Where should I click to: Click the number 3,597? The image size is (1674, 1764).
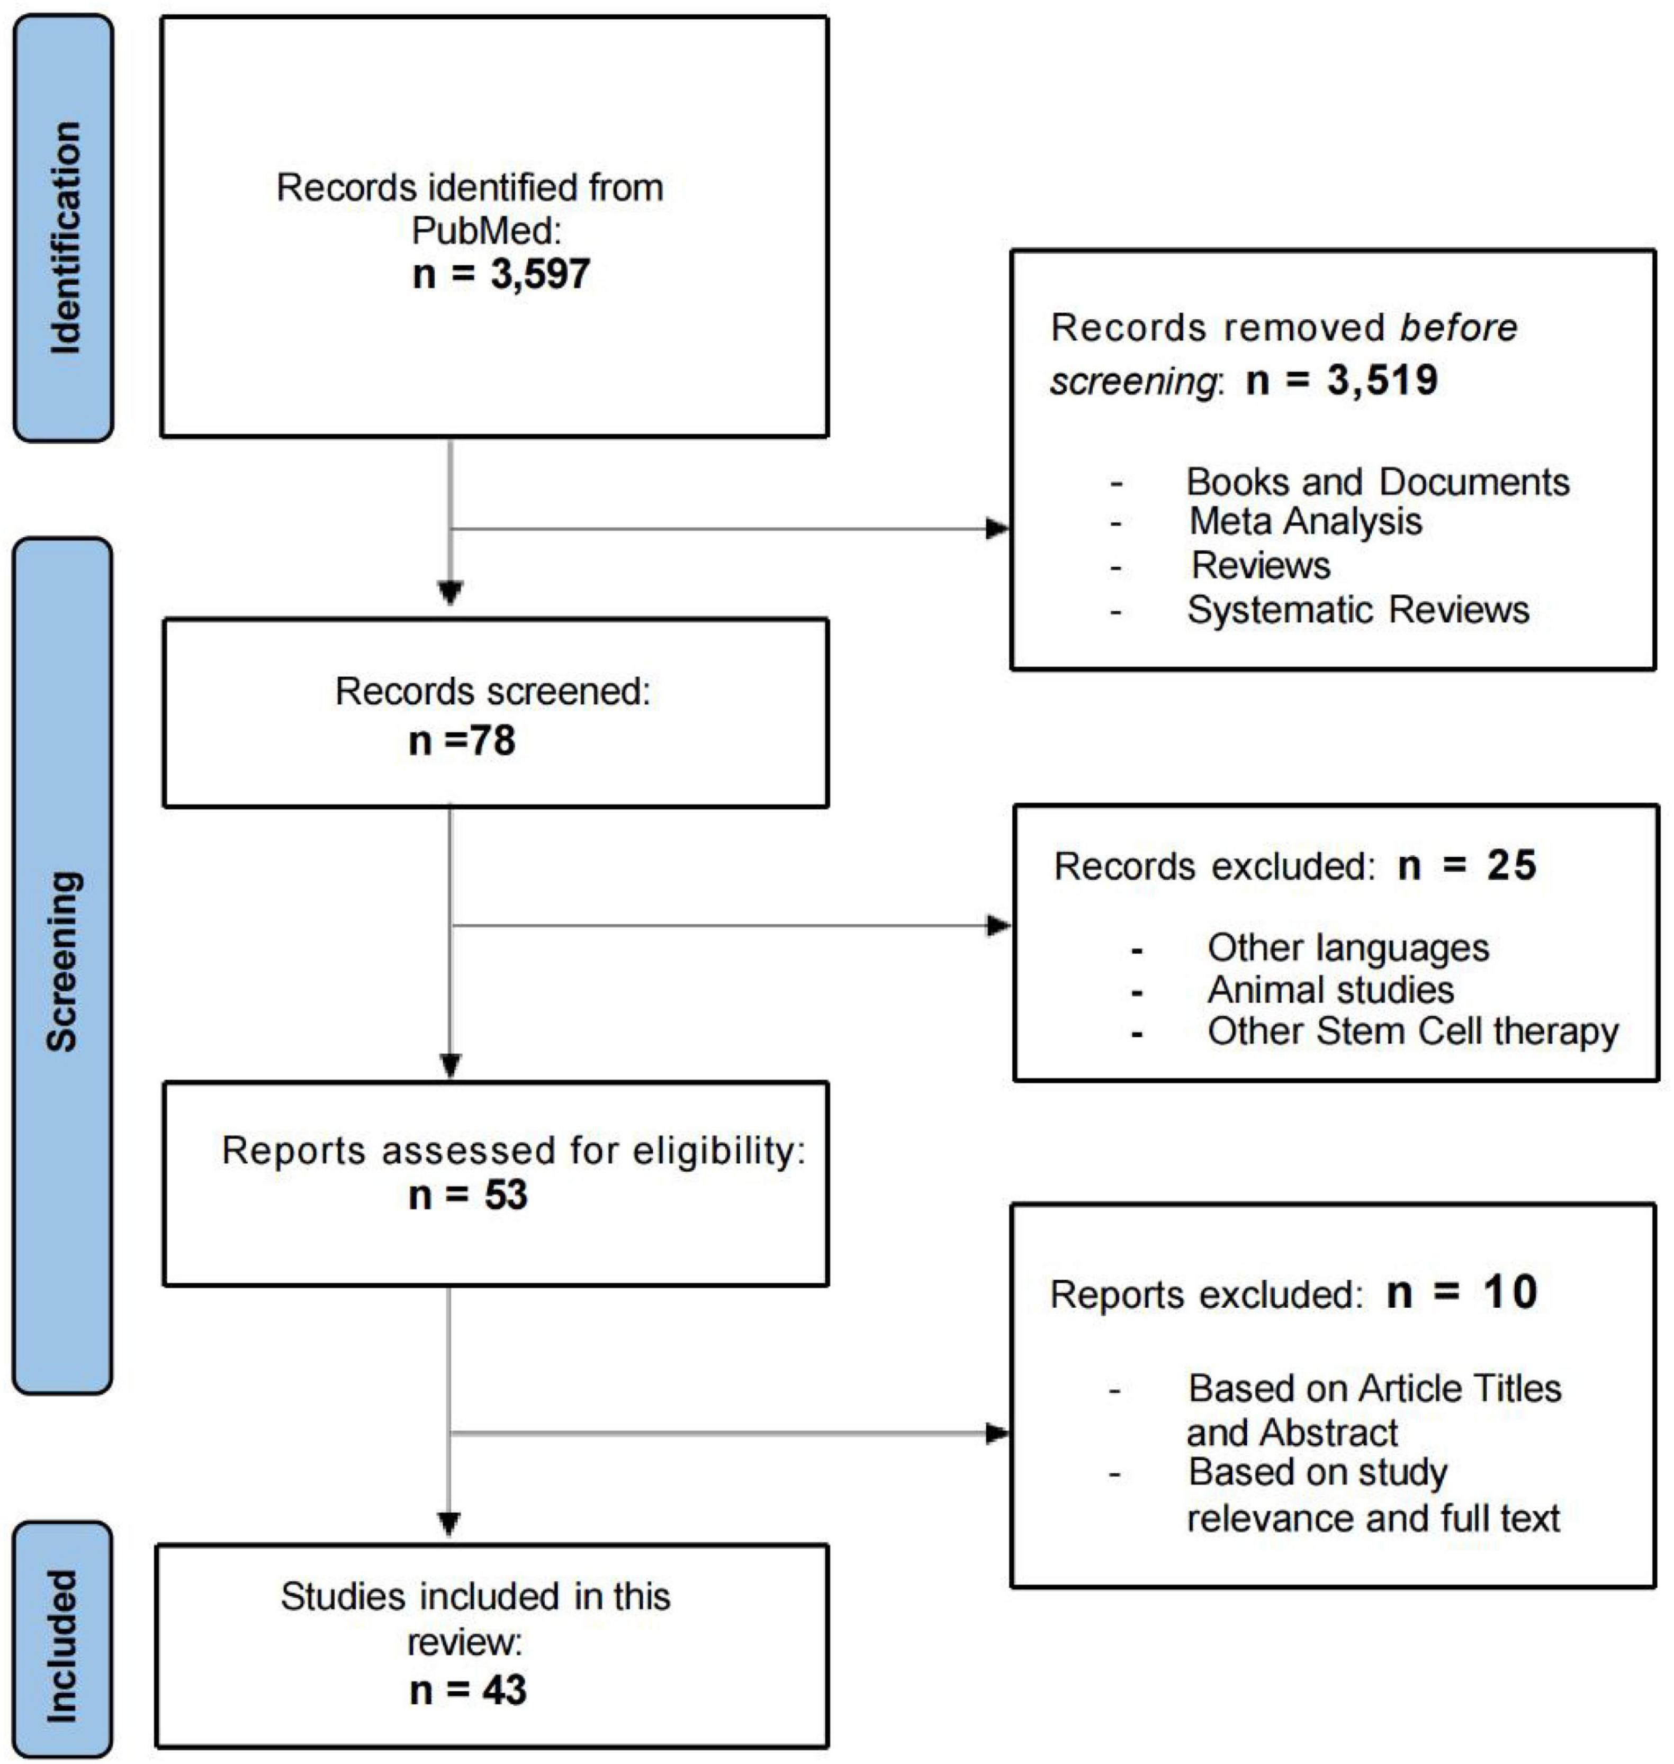coord(540,273)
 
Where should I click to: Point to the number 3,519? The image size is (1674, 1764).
coord(1382,380)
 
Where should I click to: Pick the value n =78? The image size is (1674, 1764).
coord(462,740)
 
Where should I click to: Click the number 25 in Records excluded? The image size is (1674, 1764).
coord(1511,865)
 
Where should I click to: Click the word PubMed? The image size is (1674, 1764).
coord(487,231)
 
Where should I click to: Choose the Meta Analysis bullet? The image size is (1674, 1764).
coord(1306,522)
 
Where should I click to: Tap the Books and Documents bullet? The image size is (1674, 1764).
coord(1378,482)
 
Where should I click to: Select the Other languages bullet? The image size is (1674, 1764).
coord(1348,947)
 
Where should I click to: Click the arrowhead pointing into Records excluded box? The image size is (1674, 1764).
coord(998,925)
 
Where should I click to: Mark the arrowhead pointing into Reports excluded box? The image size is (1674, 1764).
coord(997,1434)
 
